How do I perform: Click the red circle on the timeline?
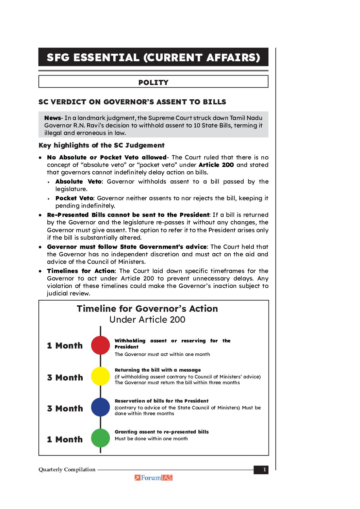pos(100,345)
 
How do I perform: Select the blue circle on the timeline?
pos(100,407)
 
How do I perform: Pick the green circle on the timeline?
pos(100,438)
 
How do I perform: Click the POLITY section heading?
pos(153,82)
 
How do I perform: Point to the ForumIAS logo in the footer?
pos(153,478)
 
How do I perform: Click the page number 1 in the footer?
pos(264,470)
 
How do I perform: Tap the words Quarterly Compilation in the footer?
pos(67,470)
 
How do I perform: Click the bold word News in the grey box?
pos(52,118)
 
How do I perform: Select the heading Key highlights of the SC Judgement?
pos(101,146)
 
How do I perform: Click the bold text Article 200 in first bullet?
pos(216,165)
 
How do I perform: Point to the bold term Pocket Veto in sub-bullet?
pos(74,198)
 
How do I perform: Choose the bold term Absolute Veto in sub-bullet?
pos(79,182)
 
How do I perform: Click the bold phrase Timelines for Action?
pos(81,271)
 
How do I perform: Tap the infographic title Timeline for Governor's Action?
pos(147,309)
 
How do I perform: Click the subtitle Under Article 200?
pos(147,320)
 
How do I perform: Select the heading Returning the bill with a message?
pos(158,370)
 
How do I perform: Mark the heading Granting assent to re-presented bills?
pos(162,432)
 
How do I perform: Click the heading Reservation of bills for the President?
pos(162,401)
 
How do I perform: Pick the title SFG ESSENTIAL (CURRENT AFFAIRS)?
pos(153,57)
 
